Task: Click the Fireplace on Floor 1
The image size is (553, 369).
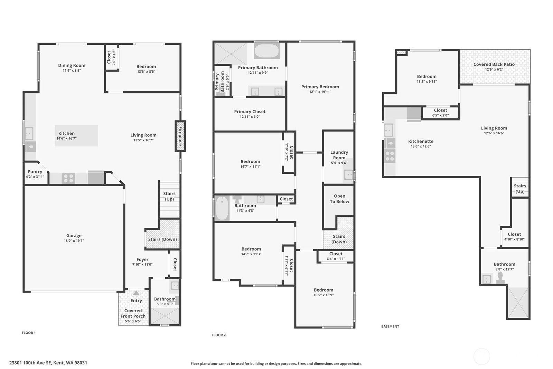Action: pos(180,136)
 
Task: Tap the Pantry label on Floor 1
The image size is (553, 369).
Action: pos(35,171)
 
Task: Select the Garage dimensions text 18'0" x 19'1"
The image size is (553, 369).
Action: pos(74,240)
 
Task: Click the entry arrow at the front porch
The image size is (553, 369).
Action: pos(136,293)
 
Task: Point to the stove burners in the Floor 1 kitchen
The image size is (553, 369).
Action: pos(68,178)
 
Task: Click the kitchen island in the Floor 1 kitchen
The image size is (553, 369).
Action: pos(76,136)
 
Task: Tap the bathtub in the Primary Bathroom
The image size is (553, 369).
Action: pos(266,51)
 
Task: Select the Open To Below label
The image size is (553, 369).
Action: pos(339,199)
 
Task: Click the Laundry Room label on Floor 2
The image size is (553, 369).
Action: pos(339,155)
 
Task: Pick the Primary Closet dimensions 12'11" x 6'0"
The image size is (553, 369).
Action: pos(250,117)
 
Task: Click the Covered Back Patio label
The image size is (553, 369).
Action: pos(494,64)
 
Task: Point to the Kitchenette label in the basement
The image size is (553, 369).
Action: pos(421,141)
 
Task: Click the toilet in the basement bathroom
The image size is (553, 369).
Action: pos(500,278)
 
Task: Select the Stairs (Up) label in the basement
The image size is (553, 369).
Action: pos(520,188)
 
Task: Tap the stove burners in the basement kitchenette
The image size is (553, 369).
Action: pos(390,156)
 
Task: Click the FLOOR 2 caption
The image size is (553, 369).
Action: pos(218,335)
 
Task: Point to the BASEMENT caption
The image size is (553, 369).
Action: pos(390,326)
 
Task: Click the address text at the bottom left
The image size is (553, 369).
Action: pos(48,363)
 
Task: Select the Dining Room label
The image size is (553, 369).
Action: pos(72,65)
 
